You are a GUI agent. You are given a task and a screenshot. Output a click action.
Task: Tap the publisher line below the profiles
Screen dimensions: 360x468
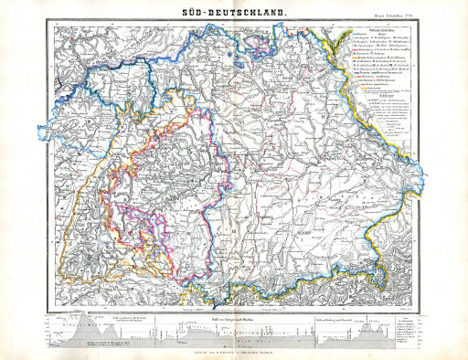point(233,351)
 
